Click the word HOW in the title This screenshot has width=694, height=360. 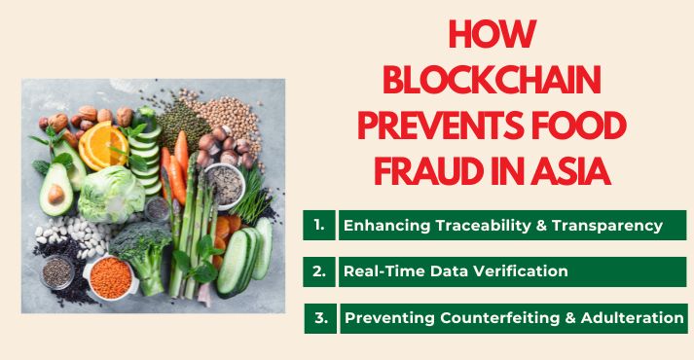point(493,37)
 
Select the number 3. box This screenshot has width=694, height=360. point(319,317)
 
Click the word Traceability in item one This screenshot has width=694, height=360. point(481,226)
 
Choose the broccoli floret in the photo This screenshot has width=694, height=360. point(146,250)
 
